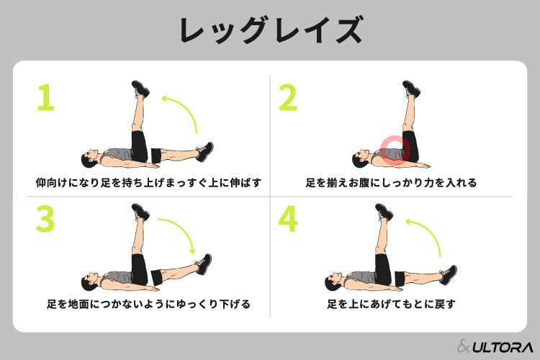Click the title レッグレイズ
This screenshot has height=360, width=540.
(271, 30)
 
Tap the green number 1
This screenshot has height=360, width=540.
(46, 98)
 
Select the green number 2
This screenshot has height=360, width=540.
(288, 98)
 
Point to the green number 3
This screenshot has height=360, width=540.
(45, 219)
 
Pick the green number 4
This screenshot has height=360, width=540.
(288, 219)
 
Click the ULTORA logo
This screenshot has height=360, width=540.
(495, 346)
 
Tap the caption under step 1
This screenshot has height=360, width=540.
(148, 183)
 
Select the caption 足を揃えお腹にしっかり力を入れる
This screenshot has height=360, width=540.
(391, 183)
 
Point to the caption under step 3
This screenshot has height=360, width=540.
(148, 304)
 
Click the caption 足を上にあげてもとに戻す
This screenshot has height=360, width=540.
(391, 304)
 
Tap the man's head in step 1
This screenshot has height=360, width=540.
(90, 158)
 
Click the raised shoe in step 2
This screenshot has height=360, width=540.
(412, 89)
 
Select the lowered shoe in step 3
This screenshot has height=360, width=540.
(204, 264)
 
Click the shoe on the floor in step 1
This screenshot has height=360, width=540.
(205, 152)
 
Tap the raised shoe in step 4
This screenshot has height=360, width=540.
(384, 212)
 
